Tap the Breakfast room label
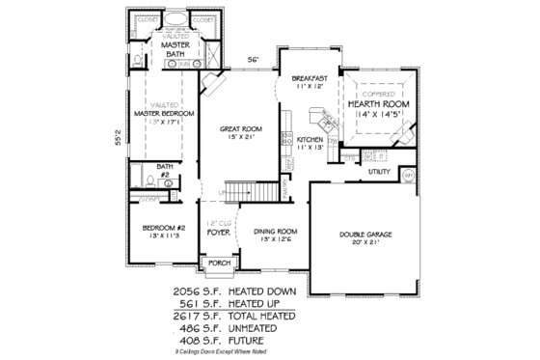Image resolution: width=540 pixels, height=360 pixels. coord(302,78)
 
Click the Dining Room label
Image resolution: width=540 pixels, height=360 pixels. coord(275,231)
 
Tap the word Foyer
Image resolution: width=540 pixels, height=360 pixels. coord(216,233)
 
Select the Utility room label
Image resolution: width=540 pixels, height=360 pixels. coord(378,172)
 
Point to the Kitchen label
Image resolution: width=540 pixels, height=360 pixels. coord(310,140)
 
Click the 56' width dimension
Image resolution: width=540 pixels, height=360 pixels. coord(254,60)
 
